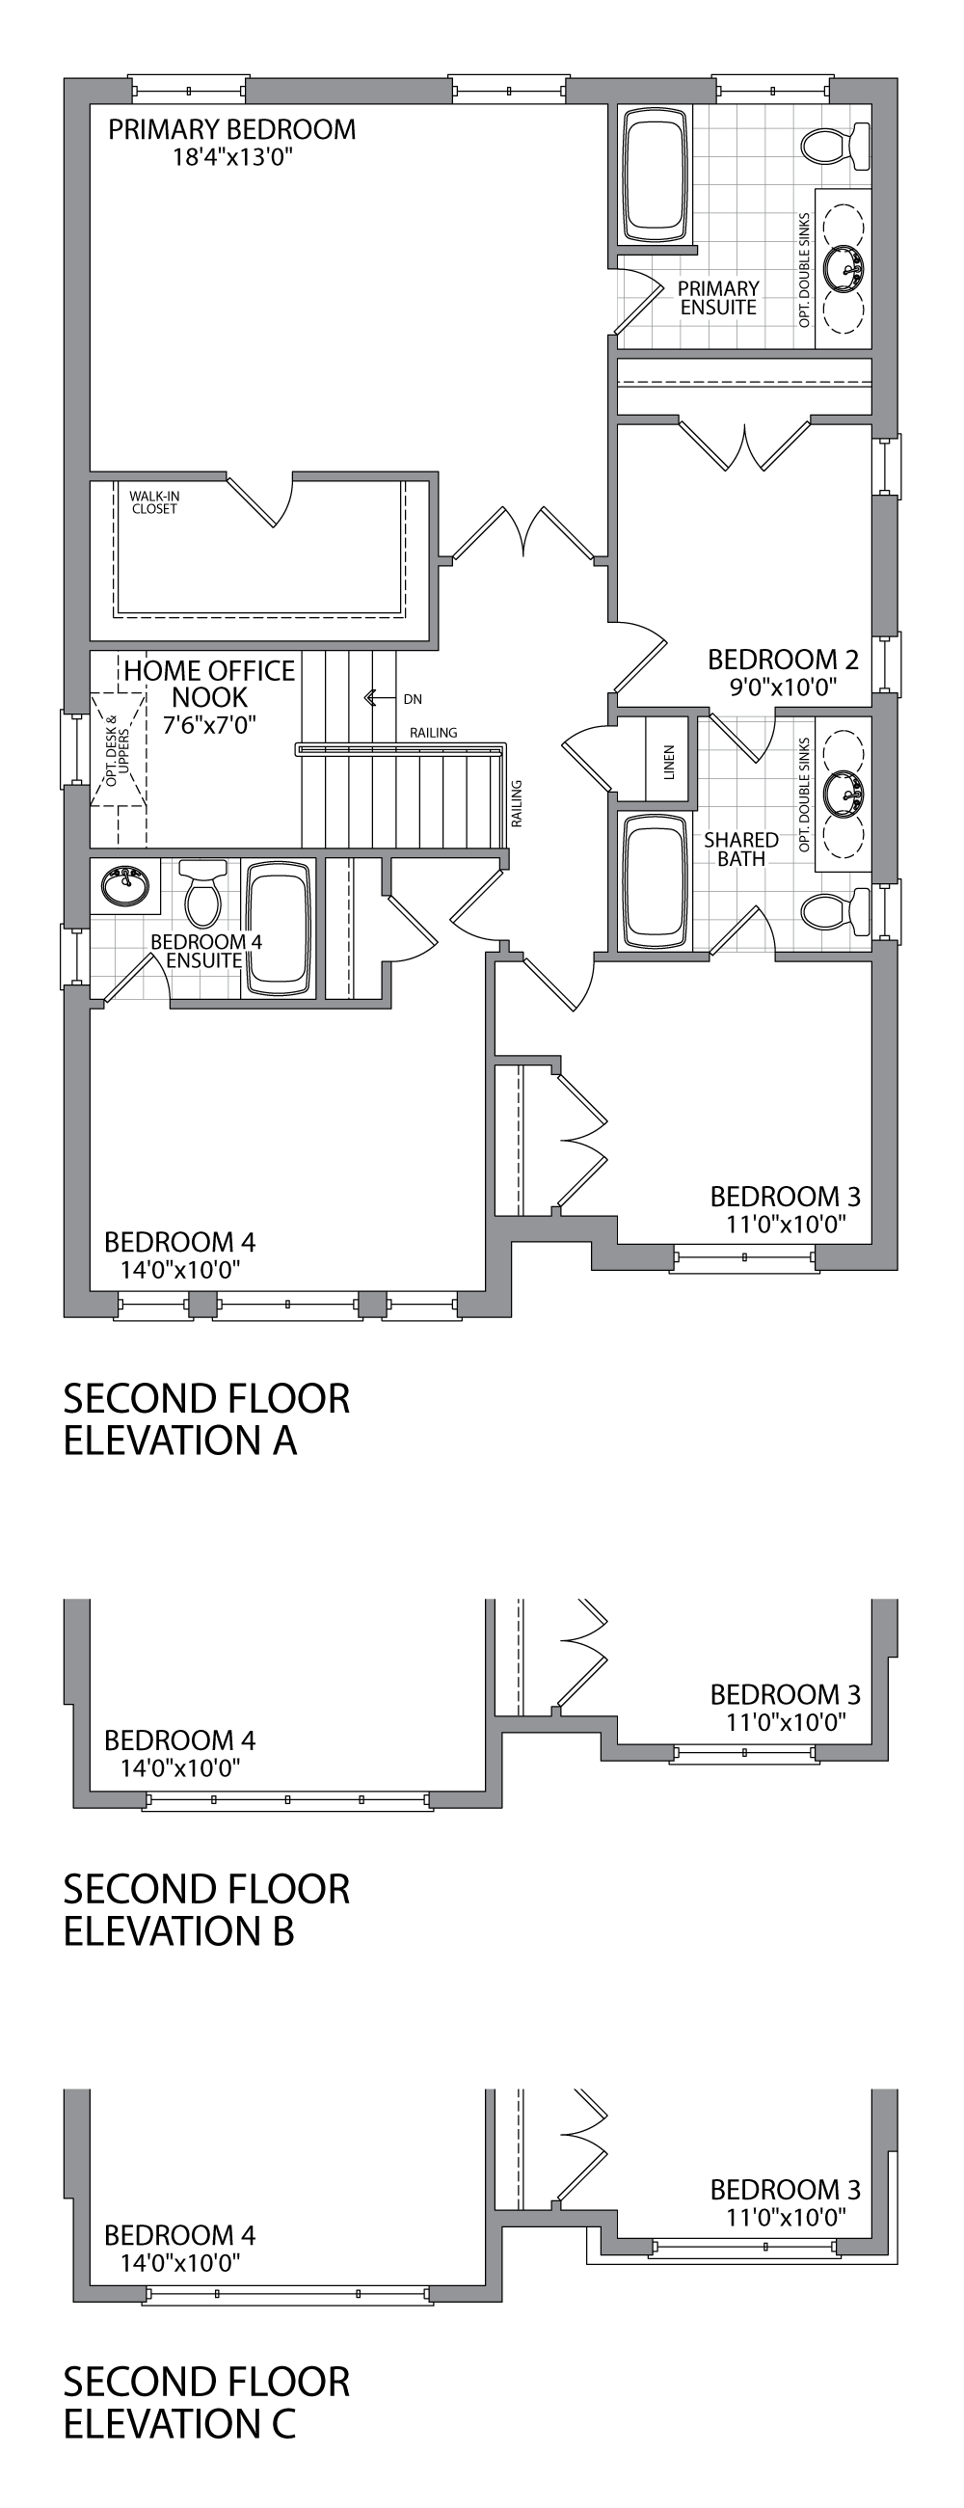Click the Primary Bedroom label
[231, 129]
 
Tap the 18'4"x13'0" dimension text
[232, 158]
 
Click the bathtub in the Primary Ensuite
[657, 176]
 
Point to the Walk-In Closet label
[155, 502]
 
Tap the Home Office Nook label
[209, 684]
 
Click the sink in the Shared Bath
[843, 791]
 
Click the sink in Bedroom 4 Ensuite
[124, 885]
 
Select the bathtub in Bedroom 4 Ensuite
[280, 928]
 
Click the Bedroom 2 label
[783, 661]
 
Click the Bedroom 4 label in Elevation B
[180, 1739]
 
